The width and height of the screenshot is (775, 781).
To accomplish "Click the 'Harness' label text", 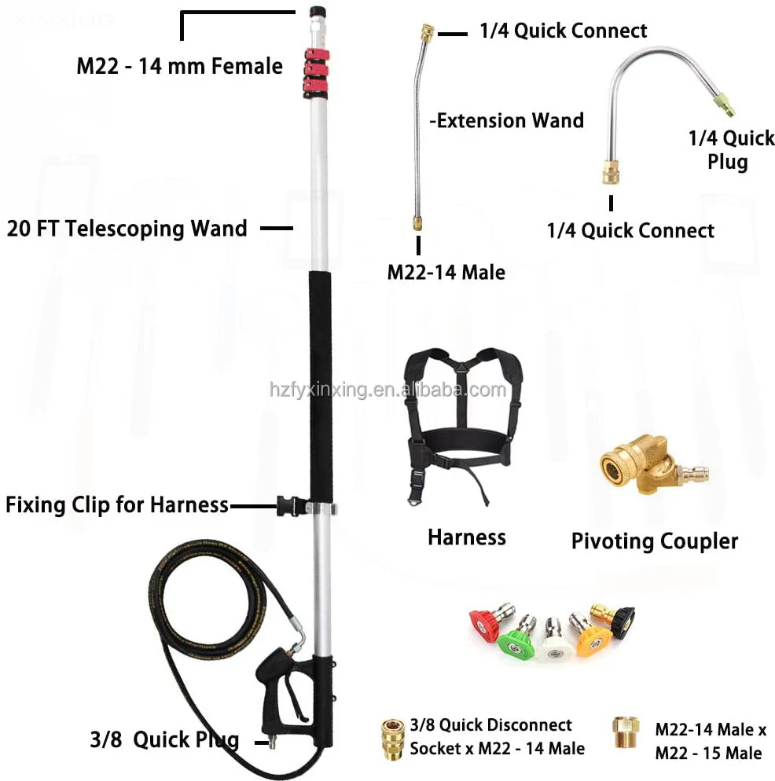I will click(x=466, y=537).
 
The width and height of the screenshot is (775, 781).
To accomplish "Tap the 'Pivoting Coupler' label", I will click(x=654, y=541).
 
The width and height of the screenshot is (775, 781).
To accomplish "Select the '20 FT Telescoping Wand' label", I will click(x=127, y=229).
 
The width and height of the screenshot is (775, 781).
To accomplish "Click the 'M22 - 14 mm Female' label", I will click(x=179, y=65).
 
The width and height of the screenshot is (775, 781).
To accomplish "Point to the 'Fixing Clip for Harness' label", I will click(x=117, y=504).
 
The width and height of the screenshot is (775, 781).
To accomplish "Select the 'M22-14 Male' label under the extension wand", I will click(x=446, y=272).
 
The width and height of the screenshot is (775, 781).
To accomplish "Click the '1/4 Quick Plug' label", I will click(x=731, y=149).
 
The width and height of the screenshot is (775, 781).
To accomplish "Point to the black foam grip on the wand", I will click(x=318, y=377).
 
